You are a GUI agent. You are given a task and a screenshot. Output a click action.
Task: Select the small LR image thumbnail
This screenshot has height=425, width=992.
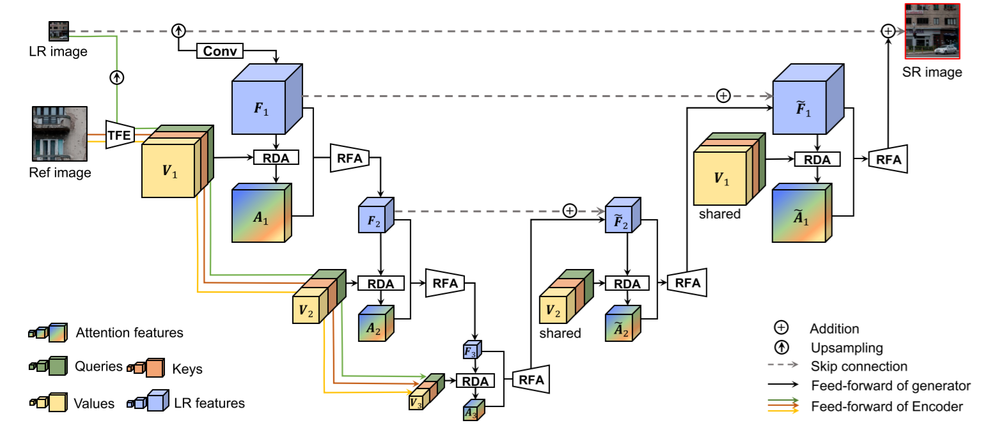click(59, 31)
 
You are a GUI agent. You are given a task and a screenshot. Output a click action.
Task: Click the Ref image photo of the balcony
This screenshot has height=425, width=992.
click(59, 134)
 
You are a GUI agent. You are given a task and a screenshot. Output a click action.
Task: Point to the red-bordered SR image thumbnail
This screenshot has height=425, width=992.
click(931, 29)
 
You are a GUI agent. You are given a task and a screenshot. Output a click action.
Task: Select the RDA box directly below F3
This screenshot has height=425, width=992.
click(475, 381)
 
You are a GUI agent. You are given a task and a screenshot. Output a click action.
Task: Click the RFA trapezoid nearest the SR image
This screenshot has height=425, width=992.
click(888, 160)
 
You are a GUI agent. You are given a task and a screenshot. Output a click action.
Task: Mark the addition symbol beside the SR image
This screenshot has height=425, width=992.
click(887, 31)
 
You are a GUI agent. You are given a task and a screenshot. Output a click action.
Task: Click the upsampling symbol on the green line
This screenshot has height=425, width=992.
click(116, 77)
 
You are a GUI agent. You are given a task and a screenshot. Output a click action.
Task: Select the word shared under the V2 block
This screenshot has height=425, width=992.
click(560, 333)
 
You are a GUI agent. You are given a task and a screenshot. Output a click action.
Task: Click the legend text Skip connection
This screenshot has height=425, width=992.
click(858, 366)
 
